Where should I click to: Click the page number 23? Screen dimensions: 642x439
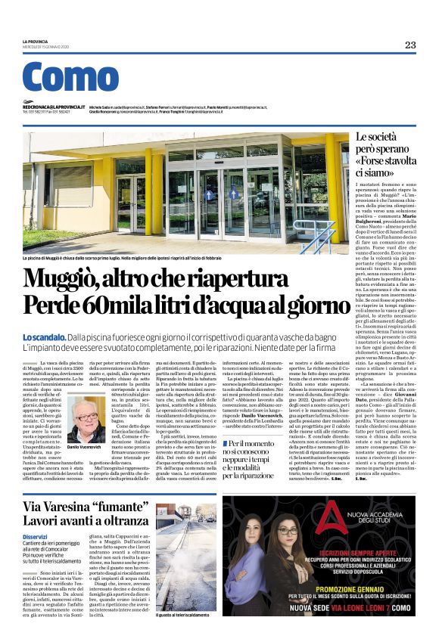click(x=409, y=45)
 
